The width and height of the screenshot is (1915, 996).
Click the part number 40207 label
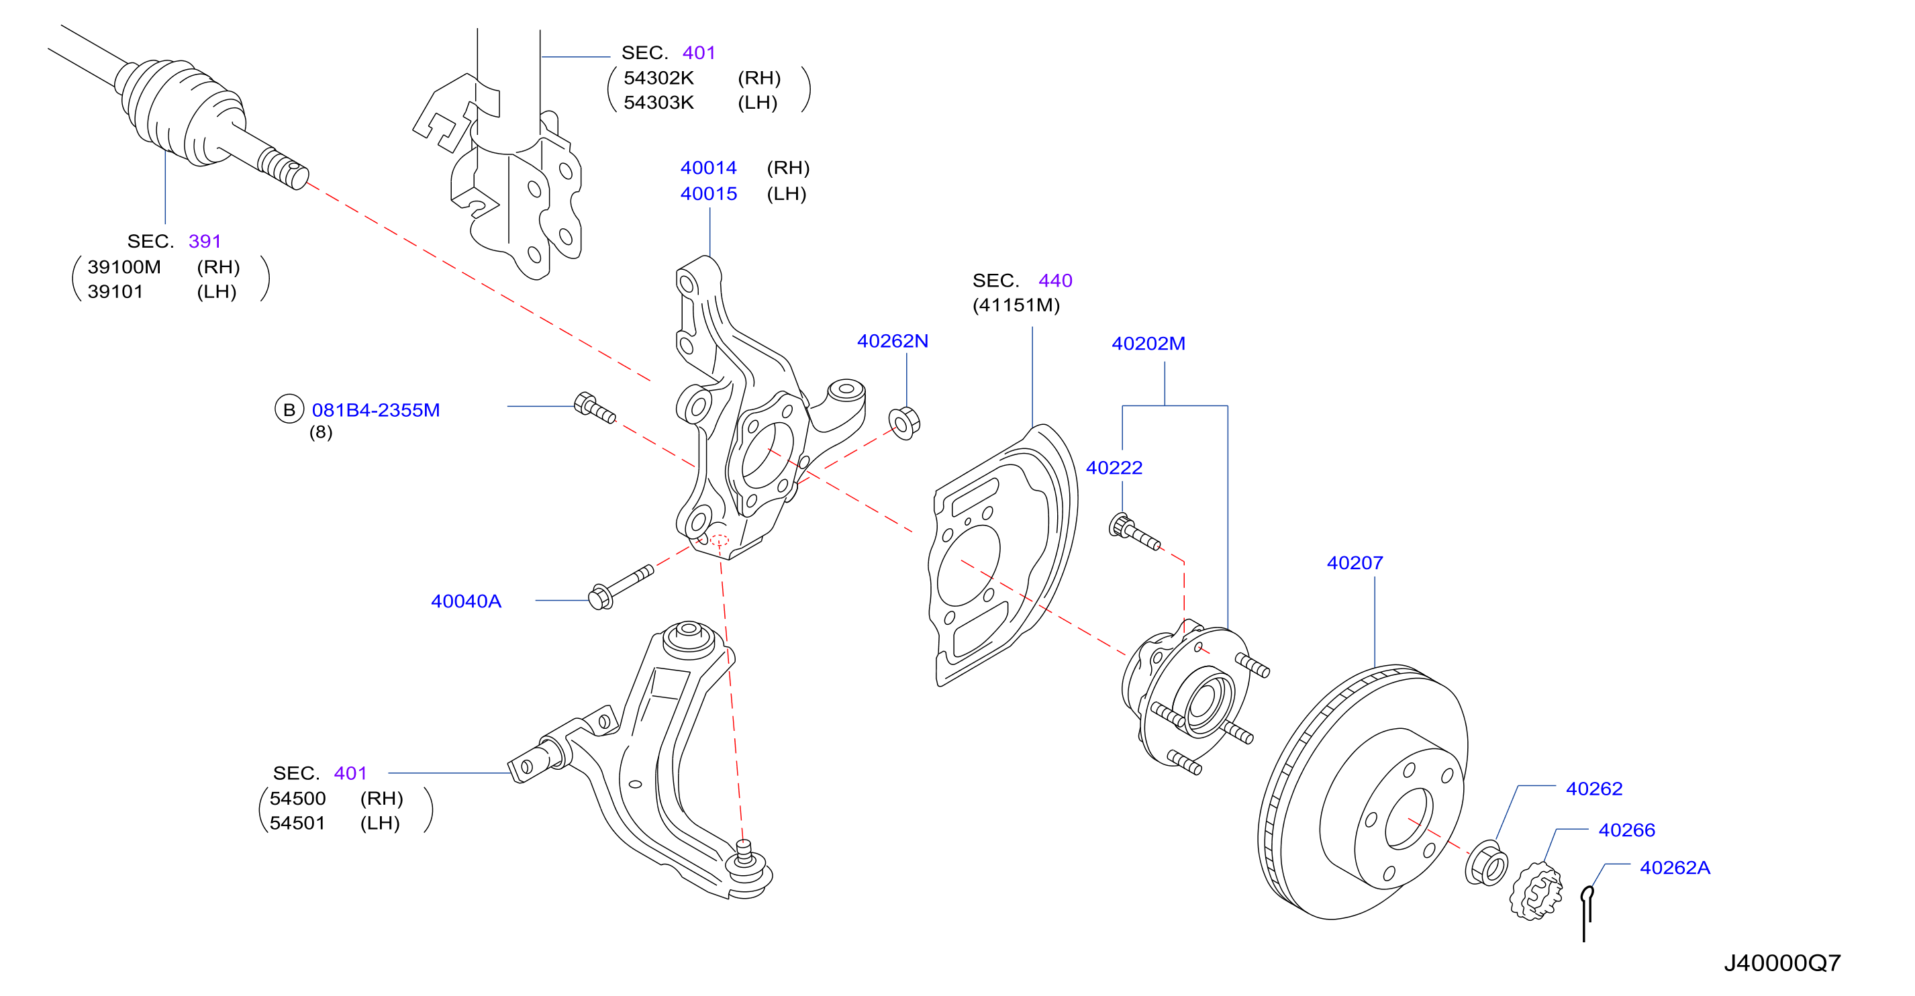coord(1355,562)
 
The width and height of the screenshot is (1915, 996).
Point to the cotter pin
coord(1586,913)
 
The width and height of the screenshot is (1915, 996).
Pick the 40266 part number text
coord(1626,830)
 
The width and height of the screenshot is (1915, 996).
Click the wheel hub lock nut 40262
coord(1486,863)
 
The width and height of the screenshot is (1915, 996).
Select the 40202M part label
coord(1148,344)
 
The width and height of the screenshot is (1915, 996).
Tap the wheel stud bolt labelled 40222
coord(1134,532)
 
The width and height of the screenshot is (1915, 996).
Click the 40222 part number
coord(1114,468)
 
